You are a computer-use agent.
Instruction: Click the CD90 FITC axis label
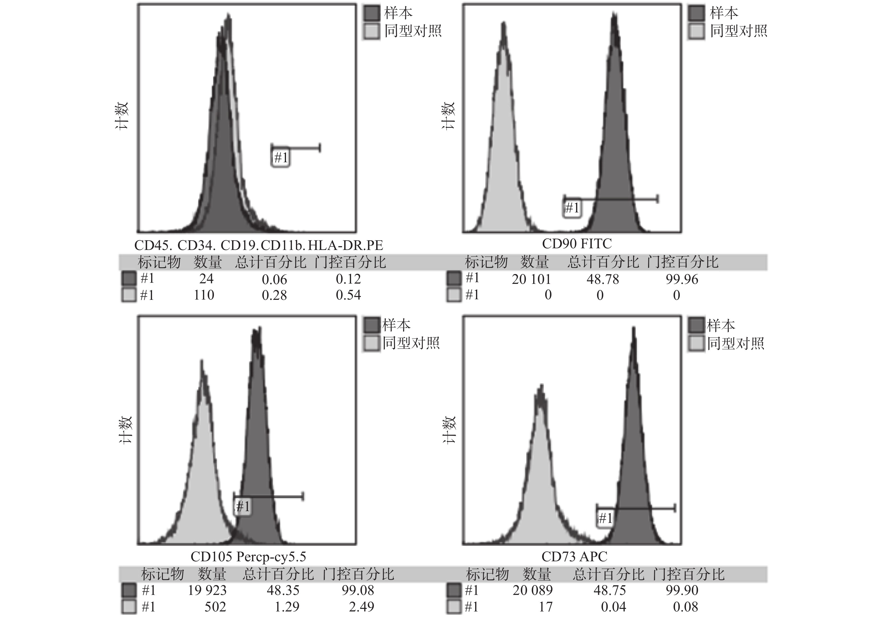[x=577, y=244]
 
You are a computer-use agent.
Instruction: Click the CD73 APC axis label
[x=574, y=556]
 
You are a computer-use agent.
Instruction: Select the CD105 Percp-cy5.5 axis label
[x=248, y=556]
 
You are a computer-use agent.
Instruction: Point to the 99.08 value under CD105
[x=358, y=590]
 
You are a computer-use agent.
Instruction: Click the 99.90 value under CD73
[x=681, y=590]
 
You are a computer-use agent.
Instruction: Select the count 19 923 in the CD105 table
[x=207, y=590]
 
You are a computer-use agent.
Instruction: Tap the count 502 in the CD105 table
[x=215, y=607]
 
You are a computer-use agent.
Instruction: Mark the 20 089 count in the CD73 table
[x=532, y=590]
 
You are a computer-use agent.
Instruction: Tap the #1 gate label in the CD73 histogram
[x=605, y=519]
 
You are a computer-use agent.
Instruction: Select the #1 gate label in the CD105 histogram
[x=243, y=507]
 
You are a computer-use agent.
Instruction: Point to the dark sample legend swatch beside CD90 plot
[x=696, y=13]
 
